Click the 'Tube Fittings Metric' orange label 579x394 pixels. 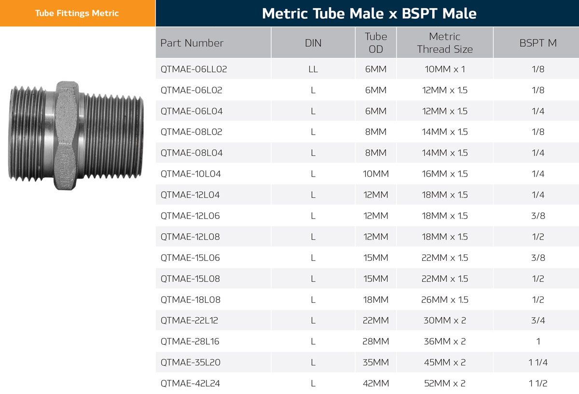click(x=77, y=13)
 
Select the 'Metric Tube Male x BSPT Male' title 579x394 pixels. click(x=370, y=14)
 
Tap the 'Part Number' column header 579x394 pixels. click(x=192, y=43)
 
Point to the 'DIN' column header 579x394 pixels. click(x=313, y=43)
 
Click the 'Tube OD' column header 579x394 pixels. click(x=376, y=42)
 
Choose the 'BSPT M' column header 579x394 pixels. click(x=538, y=43)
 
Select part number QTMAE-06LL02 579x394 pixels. click(x=193, y=69)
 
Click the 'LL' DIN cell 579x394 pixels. click(x=313, y=69)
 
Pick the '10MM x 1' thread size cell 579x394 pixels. click(x=445, y=69)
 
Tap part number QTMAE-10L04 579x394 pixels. click(x=191, y=174)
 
